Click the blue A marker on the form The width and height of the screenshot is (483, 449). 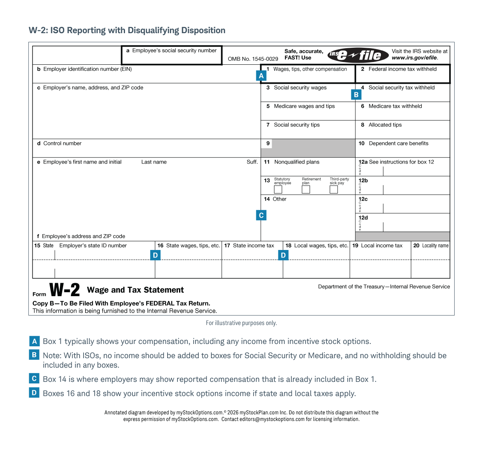tap(261, 76)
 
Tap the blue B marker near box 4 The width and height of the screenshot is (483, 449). tap(356, 95)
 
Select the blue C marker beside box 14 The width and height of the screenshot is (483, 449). tap(261, 215)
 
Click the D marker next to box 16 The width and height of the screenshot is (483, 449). tap(155, 255)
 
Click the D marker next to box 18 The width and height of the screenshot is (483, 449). tap(283, 255)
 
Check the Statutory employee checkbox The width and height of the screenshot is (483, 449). tap(278, 190)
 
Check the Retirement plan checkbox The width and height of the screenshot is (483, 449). tap(306, 190)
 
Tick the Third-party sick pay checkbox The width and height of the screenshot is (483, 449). tap(334, 190)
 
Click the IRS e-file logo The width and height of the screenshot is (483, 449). tap(355, 55)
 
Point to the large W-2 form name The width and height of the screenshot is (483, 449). tap(65, 290)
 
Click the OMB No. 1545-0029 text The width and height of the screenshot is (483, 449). tap(253, 59)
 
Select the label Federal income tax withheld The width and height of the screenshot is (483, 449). tap(403, 69)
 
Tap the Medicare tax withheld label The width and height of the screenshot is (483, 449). tap(395, 106)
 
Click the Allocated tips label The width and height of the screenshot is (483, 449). tap(385, 125)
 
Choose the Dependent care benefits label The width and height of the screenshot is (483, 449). tap(398, 143)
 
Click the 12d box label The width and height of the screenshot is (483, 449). tap(363, 218)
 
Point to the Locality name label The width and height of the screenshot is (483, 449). tap(435, 246)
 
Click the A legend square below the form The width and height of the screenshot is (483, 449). tap(34, 341)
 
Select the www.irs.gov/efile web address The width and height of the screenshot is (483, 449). tap(415, 58)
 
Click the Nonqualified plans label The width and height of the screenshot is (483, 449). tap(297, 162)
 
